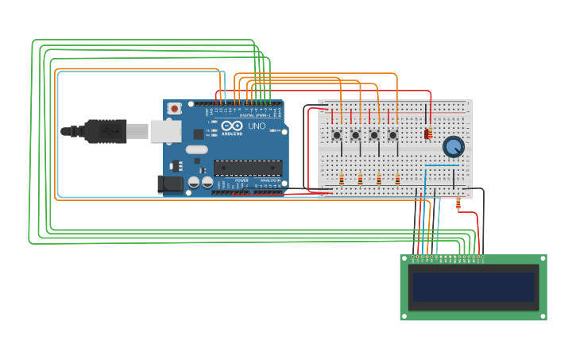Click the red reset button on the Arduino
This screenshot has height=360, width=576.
(174, 108)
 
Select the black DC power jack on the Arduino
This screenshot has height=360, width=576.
(169, 185)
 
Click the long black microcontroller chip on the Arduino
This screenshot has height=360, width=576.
(247, 168)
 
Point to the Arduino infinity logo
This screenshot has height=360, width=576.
(232, 126)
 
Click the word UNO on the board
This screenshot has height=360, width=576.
(257, 126)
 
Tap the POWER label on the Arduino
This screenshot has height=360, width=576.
(241, 180)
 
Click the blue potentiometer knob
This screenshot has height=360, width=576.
(453, 146)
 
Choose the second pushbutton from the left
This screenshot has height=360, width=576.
(355, 135)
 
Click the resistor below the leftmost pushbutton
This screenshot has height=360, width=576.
(342, 180)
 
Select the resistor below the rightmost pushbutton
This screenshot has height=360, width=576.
(397, 180)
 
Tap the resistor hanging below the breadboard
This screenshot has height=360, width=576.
(458, 204)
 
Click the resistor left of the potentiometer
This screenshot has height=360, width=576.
(428, 134)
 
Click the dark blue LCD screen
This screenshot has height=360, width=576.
(473, 287)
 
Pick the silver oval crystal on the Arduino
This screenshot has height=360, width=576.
(197, 149)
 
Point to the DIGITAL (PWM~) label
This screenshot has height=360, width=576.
(252, 115)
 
